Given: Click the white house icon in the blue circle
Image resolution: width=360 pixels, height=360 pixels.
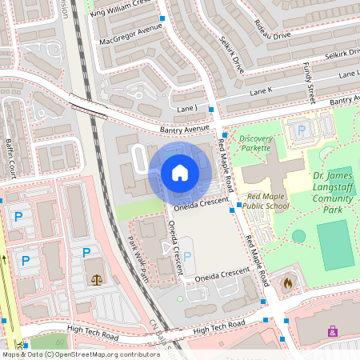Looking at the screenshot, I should [180, 173].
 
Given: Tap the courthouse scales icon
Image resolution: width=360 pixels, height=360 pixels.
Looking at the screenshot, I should [98, 280].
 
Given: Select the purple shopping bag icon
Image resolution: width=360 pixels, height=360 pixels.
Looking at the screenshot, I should [333, 330].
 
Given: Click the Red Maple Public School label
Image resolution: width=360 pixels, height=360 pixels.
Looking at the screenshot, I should [269, 200].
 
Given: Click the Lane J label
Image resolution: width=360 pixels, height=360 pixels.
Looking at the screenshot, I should [186, 108].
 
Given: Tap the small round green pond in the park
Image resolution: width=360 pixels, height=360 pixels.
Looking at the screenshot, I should [298, 236].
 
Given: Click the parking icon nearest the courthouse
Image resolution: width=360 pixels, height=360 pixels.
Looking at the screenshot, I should [86, 253].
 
